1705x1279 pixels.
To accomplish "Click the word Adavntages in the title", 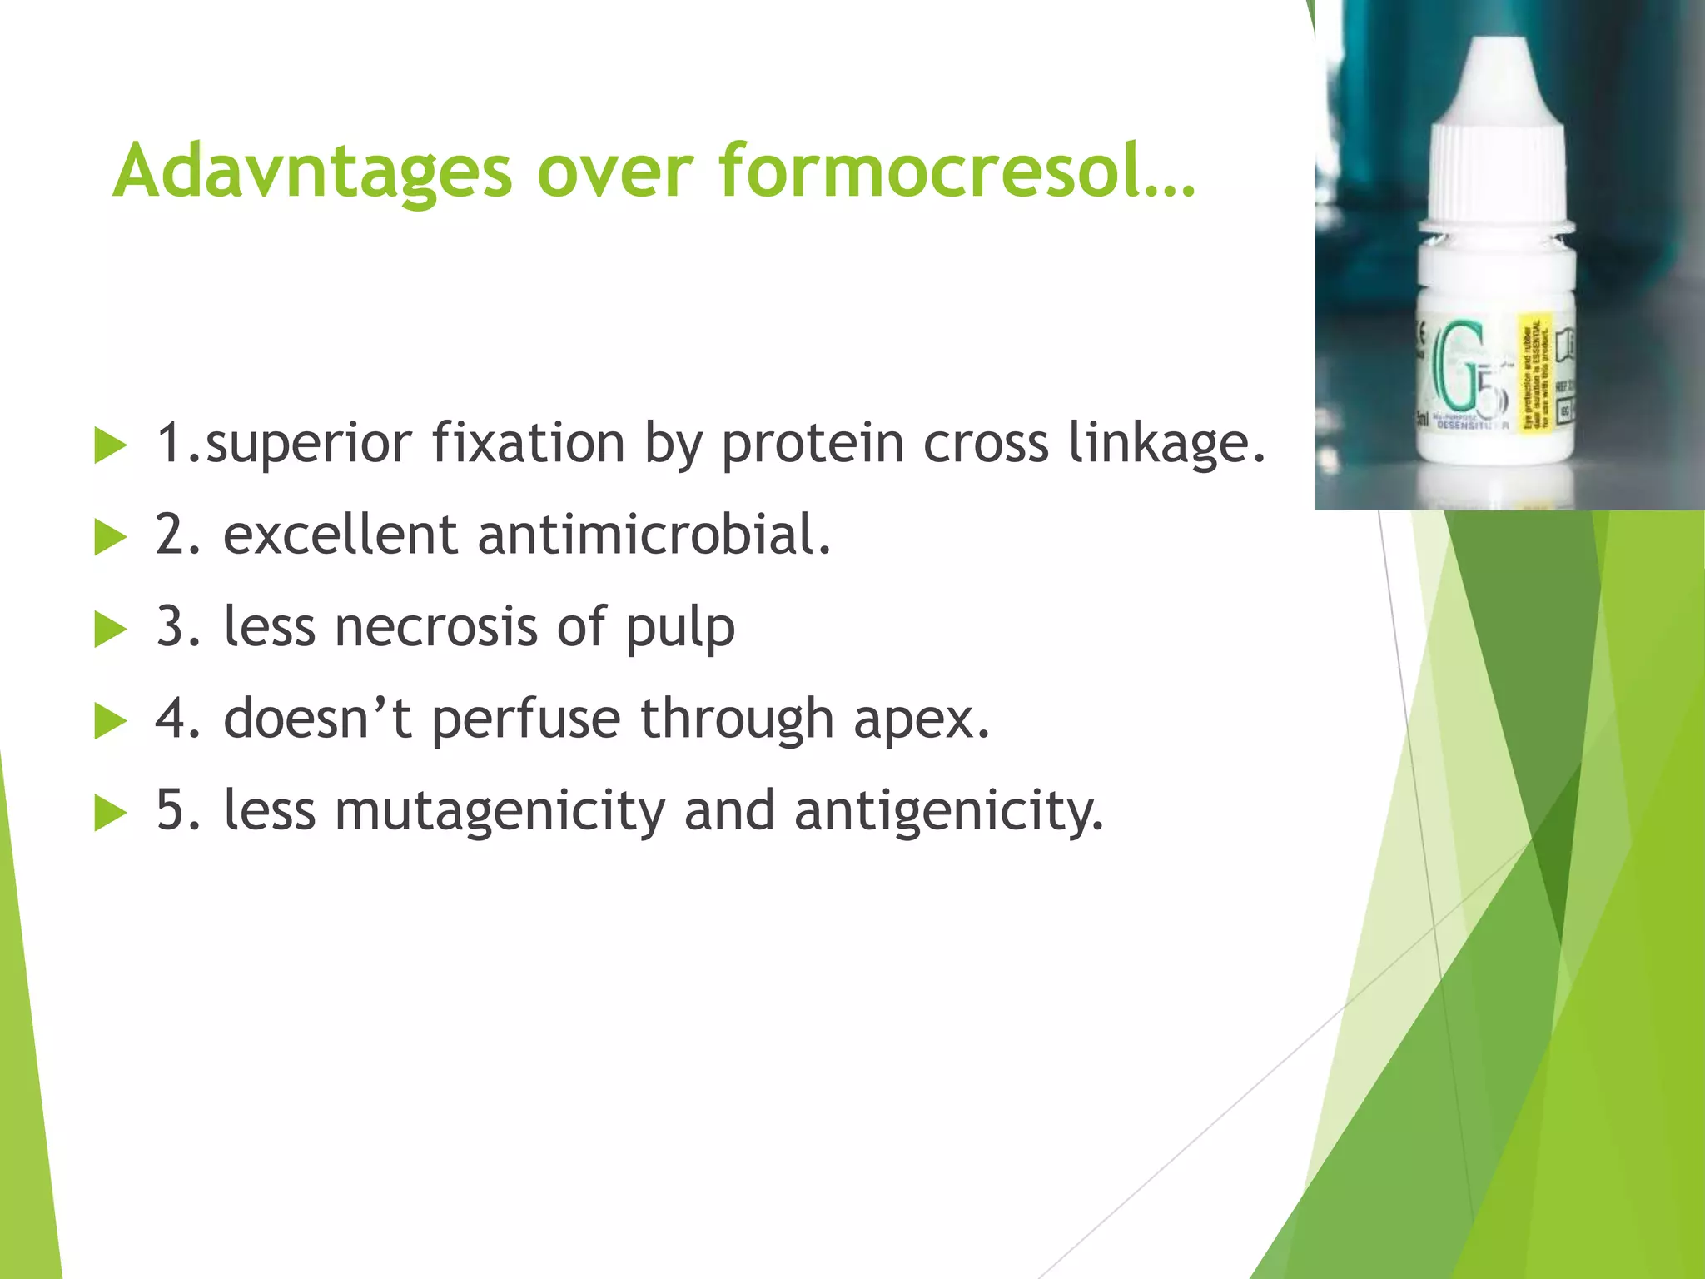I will (x=311, y=172).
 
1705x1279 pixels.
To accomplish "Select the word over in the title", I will (x=614, y=172).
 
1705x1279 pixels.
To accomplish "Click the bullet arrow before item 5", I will (x=110, y=813).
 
